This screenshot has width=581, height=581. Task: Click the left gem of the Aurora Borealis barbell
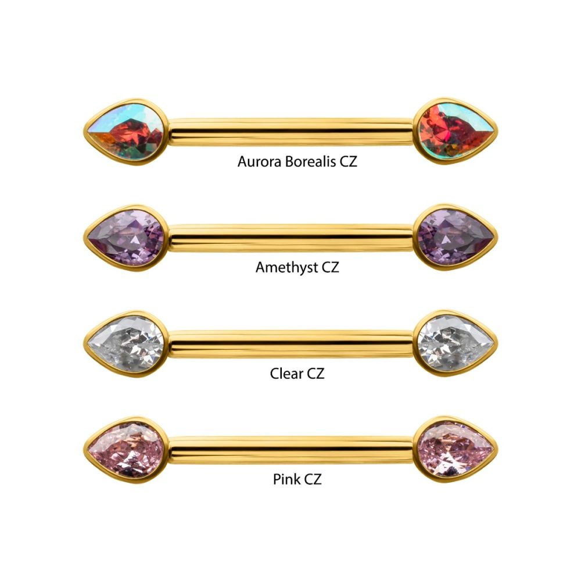(127, 131)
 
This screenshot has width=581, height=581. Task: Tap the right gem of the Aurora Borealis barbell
(456, 131)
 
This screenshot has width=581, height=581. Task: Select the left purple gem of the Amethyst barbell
(127, 238)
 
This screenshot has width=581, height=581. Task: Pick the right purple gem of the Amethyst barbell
(456, 237)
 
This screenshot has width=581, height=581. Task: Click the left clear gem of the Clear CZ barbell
(127, 344)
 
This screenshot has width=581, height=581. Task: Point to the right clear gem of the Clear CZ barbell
(456, 343)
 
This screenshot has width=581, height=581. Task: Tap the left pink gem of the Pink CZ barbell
(127, 450)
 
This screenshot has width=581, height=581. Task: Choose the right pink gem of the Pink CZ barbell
(456, 450)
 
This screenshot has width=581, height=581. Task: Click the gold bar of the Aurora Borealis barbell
(291, 132)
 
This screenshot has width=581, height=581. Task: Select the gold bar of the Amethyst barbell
(291, 238)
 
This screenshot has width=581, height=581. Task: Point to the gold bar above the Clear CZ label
(291, 344)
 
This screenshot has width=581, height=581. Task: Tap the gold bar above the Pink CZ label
(291, 450)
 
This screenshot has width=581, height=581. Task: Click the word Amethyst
(286, 267)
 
